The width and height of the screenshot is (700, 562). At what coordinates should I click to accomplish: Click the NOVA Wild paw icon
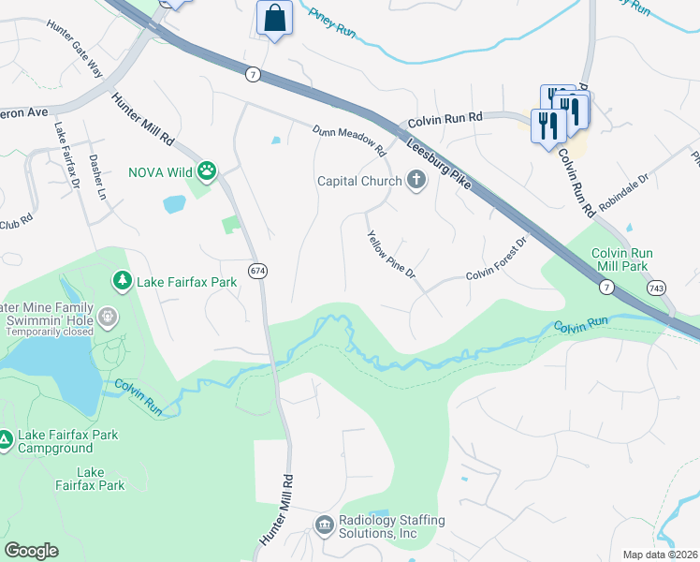[205, 171]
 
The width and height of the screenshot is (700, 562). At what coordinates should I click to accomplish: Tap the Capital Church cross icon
[416, 181]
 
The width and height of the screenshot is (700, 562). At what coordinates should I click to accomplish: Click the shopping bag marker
[274, 19]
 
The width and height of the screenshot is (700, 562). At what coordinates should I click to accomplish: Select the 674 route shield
[257, 271]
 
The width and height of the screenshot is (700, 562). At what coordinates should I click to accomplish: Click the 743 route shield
[661, 288]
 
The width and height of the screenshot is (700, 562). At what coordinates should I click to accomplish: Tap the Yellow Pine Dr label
[392, 259]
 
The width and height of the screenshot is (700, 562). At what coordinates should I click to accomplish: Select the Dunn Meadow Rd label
[349, 140]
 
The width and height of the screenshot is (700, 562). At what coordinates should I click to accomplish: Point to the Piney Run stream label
[332, 23]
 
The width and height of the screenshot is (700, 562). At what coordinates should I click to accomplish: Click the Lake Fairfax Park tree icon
[122, 280]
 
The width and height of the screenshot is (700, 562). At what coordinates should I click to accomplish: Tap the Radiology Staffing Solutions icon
[324, 525]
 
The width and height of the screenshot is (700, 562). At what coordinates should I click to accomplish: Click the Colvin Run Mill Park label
[622, 259]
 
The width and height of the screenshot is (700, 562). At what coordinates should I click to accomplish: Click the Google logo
[31, 551]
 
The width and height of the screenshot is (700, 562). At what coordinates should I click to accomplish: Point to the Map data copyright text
[660, 555]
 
